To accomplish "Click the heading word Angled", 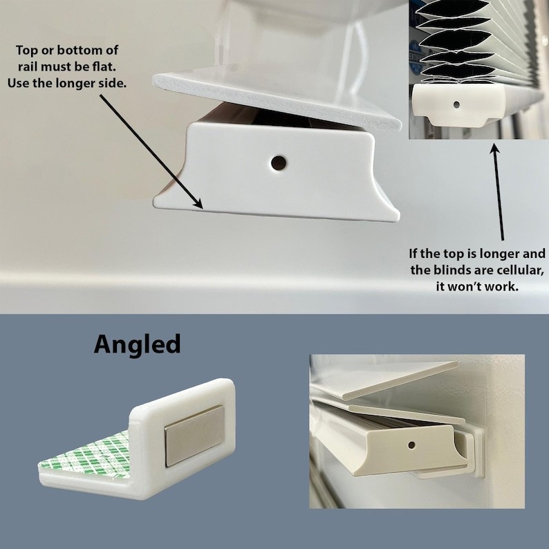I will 137,344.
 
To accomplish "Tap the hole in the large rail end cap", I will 279,163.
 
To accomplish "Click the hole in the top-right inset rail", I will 456,105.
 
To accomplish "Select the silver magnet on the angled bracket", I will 194,435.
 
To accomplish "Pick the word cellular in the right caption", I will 502,270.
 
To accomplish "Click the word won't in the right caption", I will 470,286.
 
